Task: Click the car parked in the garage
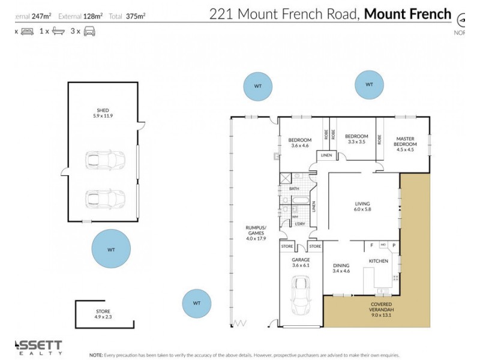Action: click(x=300, y=296)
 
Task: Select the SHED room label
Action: click(x=103, y=110)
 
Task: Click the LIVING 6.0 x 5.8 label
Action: click(x=362, y=206)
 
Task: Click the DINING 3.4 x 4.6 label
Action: click(x=341, y=268)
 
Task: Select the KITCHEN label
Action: click(x=378, y=261)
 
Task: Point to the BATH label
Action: click(x=294, y=189)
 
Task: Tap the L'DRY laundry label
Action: click(x=299, y=224)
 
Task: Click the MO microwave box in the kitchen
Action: click(x=382, y=245)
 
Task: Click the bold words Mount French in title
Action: click(x=407, y=13)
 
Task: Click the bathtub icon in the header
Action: click(x=58, y=31)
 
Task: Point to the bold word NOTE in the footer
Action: click(x=95, y=355)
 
